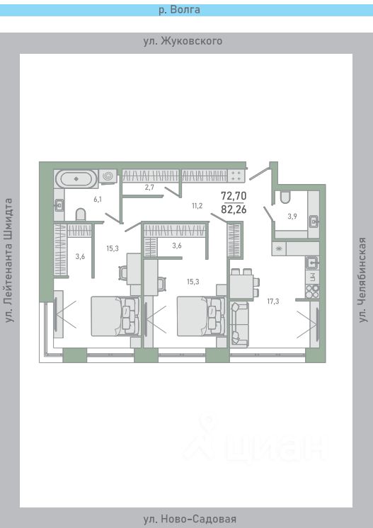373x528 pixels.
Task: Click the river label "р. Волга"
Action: pyautogui.click(x=179, y=10)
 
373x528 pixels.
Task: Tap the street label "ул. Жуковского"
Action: pyautogui.click(x=183, y=41)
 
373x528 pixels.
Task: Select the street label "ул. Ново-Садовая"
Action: pyautogui.click(x=190, y=519)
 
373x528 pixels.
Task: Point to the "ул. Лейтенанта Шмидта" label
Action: pyautogui.click(x=9, y=260)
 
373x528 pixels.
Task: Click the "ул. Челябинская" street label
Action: pyautogui.click(x=362, y=280)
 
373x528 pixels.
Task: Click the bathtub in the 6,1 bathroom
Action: pyautogui.click(x=76, y=179)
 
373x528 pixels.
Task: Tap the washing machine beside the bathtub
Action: pyautogui.click(x=108, y=176)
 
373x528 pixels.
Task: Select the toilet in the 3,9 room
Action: pyautogui.click(x=285, y=197)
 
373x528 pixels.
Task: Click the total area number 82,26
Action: pyautogui.click(x=234, y=210)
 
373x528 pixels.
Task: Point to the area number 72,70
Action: pyautogui.click(x=234, y=195)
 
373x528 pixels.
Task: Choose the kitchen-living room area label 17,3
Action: pyautogui.click(x=273, y=302)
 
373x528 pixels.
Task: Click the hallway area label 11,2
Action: pyautogui.click(x=197, y=206)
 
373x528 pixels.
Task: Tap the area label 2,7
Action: pyautogui.click(x=149, y=188)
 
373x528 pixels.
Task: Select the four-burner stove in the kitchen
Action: pyautogui.click(x=312, y=292)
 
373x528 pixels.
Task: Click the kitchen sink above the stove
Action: pyautogui.click(x=312, y=261)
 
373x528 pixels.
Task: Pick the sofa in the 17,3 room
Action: pyautogui.click(x=239, y=324)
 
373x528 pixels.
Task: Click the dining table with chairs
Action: pyautogui.click(x=245, y=285)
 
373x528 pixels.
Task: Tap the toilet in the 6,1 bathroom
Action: pyautogui.click(x=81, y=215)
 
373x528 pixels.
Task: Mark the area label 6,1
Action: pyautogui.click(x=98, y=200)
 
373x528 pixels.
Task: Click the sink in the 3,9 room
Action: pyautogui.click(x=314, y=222)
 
